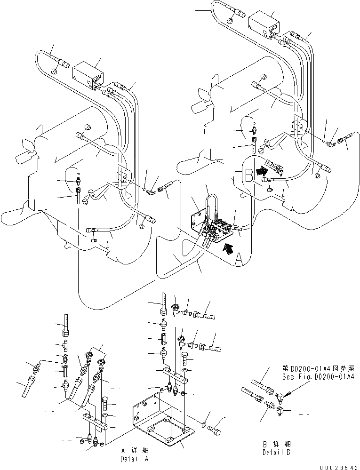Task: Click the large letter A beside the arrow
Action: pos(239,258)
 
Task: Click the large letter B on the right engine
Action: pos(248,177)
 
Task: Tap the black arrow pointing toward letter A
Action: pos(229,247)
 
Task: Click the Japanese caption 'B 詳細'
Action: pos(277,444)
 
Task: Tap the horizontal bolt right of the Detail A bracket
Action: pos(216,429)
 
